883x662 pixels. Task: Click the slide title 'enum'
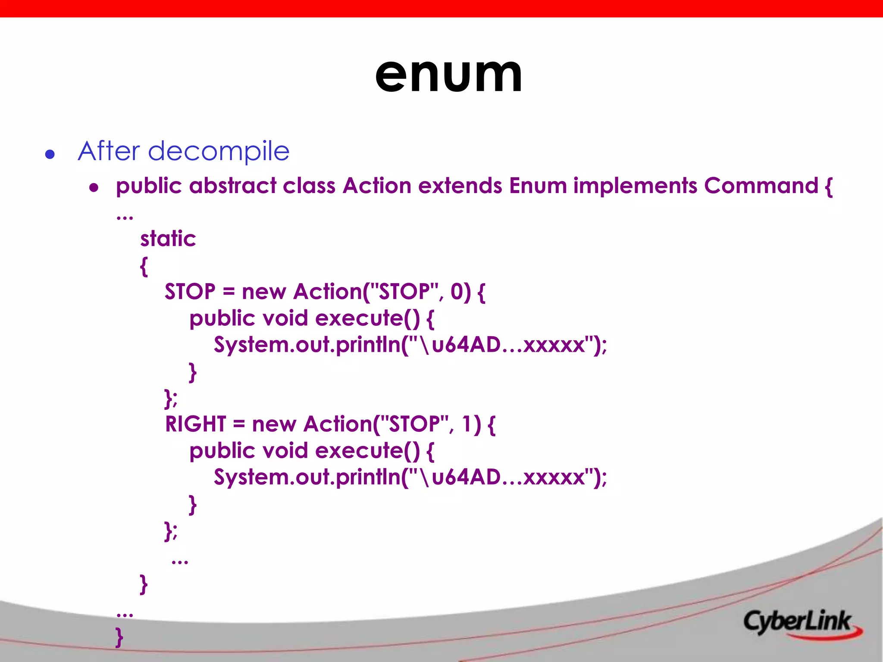coord(448,75)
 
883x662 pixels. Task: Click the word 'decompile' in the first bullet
coord(219,151)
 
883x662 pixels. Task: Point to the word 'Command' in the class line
coord(761,186)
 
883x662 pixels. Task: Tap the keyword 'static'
coord(168,239)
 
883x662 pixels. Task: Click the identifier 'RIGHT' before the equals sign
coord(195,424)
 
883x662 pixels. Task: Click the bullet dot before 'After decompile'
coord(50,154)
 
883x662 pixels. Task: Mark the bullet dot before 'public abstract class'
coord(94,187)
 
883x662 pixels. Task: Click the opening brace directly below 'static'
coord(144,266)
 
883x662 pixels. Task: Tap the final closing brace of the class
coord(119,637)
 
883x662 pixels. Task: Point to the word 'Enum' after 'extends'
coord(538,186)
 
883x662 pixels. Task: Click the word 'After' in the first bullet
coord(109,151)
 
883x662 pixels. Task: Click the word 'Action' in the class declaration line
coord(377,186)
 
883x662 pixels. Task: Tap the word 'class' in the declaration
coord(309,186)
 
